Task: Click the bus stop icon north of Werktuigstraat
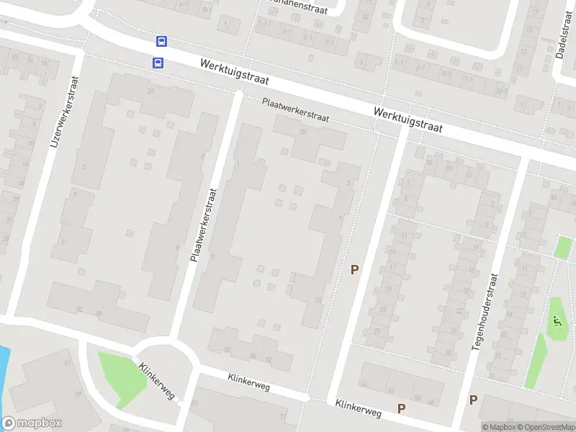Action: tap(162, 42)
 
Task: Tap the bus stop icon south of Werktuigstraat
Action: tap(158, 63)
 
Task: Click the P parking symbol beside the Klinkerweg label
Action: tap(401, 408)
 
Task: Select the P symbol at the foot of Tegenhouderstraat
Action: tap(473, 400)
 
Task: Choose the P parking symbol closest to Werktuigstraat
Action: tap(354, 270)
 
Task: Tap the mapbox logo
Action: tap(32, 423)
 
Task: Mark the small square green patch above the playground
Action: tap(563, 248)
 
